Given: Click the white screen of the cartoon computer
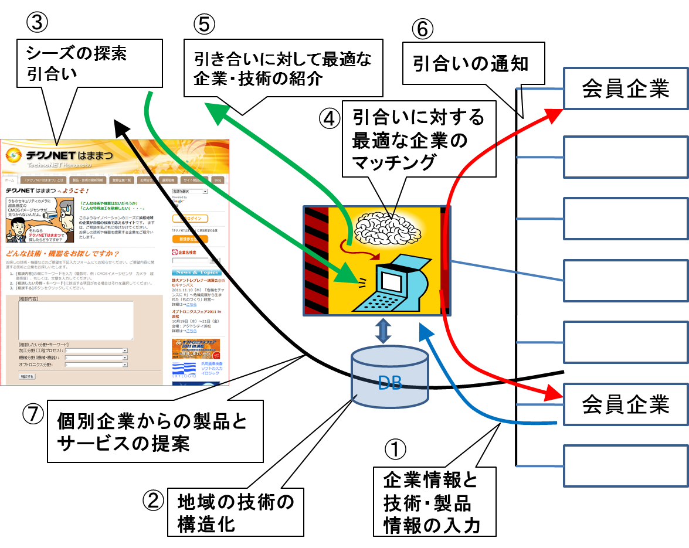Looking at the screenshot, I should click(391, 280).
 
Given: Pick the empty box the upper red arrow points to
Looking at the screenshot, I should click(625, 88).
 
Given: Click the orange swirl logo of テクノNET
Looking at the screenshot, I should click(13, 155).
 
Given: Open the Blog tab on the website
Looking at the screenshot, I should click(218, 180).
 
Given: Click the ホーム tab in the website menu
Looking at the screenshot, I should click(9, 180).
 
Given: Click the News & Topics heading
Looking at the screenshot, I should click(196, 272).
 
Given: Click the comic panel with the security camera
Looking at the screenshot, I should click(40, 220).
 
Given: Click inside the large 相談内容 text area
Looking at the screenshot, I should click(76, 319).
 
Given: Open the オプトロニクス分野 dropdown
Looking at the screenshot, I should click(96, 365).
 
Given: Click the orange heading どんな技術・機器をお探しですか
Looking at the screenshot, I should click(62, 253).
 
